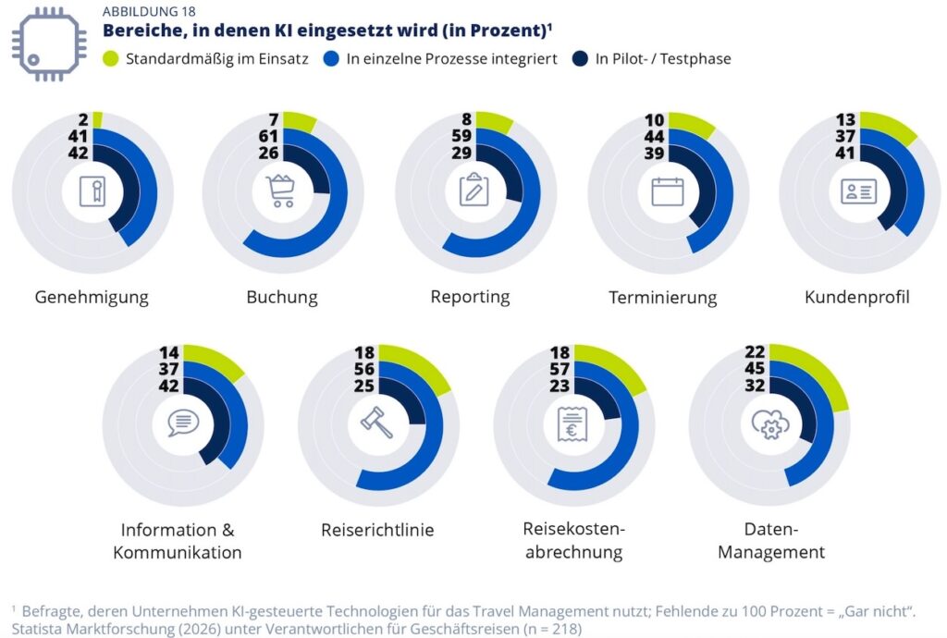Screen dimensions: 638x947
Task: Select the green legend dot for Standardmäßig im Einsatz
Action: point(111,59)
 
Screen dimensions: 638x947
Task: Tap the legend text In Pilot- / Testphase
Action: point(662,59)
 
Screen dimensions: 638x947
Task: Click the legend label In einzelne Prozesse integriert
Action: point(451,59)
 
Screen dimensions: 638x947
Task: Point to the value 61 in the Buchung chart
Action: point(269,137)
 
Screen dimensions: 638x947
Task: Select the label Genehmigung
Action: point(92,297)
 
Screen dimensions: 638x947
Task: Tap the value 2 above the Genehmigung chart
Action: point(82,119)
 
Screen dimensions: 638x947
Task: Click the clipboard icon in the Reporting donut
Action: point(474,190)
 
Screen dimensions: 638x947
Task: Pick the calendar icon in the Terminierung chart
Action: point(667,191)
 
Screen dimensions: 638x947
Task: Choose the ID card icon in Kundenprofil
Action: point(858,191)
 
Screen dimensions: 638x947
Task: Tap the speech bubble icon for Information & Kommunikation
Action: point(183,423)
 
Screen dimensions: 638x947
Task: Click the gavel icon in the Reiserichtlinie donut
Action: point(377,423)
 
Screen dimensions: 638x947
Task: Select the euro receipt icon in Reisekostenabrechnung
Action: point(573,423)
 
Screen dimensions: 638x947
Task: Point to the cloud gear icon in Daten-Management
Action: point(769,423)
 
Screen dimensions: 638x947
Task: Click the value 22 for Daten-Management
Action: point(756,351)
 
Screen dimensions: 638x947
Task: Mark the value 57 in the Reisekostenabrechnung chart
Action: point(560,369)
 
